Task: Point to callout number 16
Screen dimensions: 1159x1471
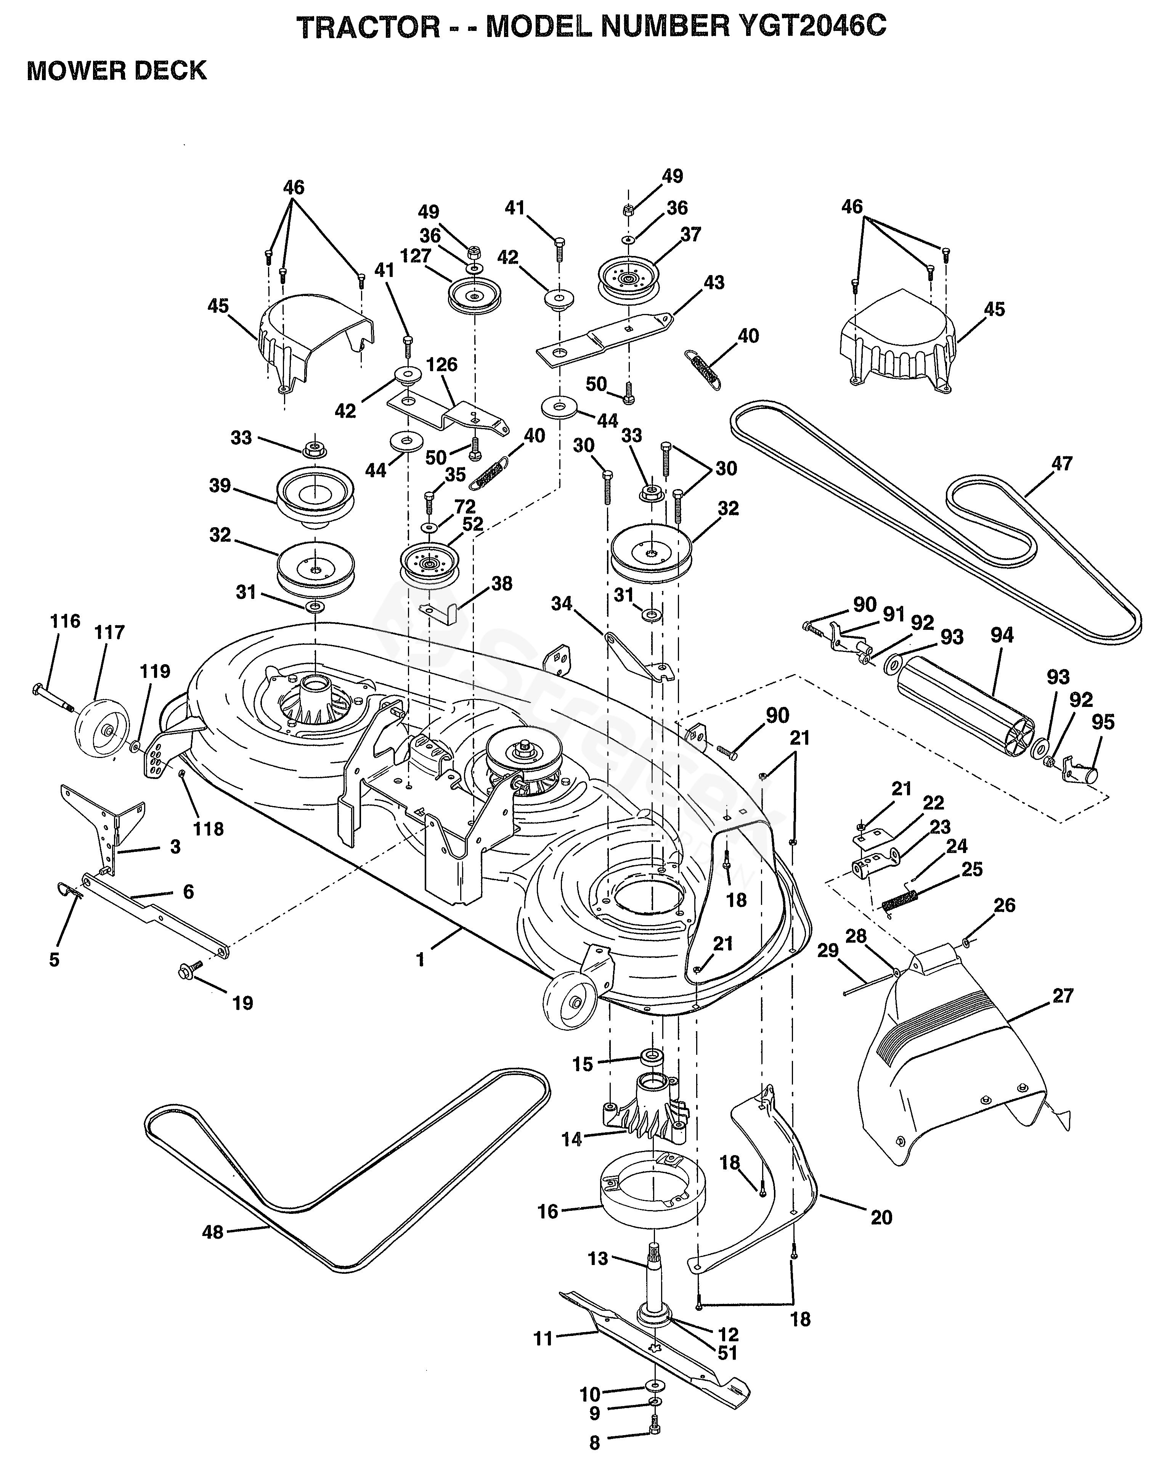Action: click(x=547, y=1210)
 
